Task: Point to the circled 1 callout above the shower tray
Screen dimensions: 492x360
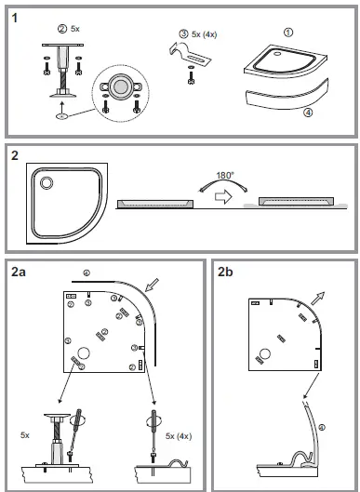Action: click(287, 31)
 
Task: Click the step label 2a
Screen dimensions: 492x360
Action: click(18, 272)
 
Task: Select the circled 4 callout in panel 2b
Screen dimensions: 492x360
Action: click(322, 427)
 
